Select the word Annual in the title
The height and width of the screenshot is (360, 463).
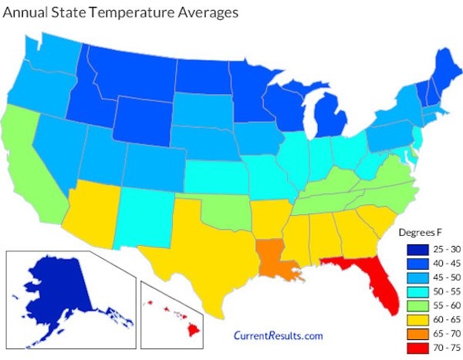[28, 13]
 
